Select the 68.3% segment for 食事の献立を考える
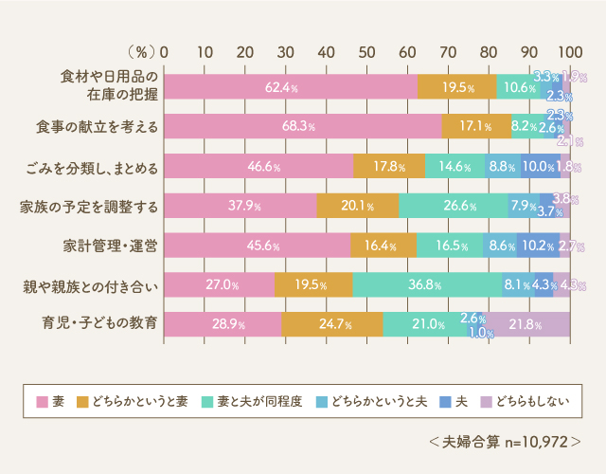tap(303, 126)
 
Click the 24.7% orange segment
tap(332, 324)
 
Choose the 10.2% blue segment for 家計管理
tap(538, 245)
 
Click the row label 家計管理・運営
tap(111, 245)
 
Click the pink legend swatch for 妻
tap(41, 401)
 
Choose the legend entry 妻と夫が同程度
tap(259, 401)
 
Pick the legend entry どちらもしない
tap(527, 401)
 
